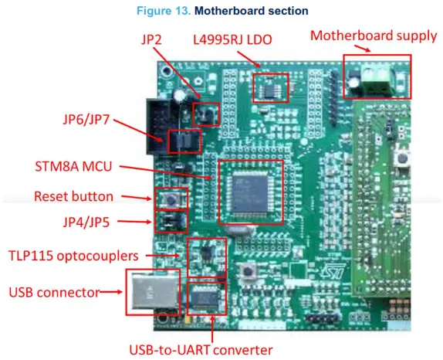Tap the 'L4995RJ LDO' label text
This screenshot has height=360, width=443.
point(232,39)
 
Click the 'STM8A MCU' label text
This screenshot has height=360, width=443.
point(72,167)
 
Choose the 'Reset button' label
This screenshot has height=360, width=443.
point(73,196)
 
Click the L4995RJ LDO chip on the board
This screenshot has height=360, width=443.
point(270,90)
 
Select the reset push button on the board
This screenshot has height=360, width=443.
point(171,199)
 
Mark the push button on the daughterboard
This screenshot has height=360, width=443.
point(400,161)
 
